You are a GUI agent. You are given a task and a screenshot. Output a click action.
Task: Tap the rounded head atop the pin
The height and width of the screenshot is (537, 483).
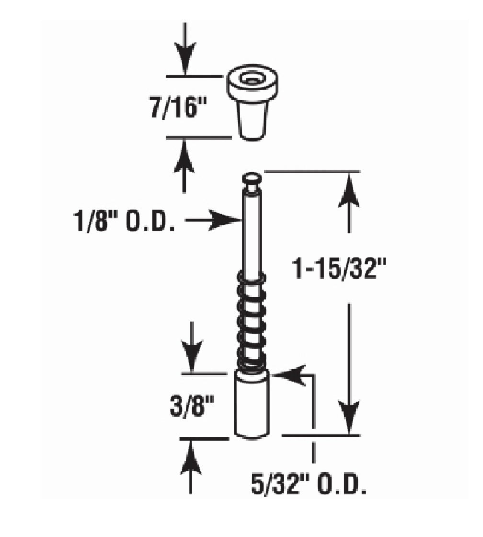(252, 179)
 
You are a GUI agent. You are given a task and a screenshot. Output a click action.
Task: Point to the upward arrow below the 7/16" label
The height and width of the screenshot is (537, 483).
(185, 163)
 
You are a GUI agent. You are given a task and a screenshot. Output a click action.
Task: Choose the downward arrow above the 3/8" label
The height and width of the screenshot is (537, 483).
(192, 348)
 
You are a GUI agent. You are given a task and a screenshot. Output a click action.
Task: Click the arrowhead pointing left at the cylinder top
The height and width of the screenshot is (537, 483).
(290, 375)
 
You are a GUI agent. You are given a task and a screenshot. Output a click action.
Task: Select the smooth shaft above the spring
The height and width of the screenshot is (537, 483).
(252, 230)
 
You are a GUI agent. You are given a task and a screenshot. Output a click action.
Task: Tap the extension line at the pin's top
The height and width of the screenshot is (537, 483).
(311, 171)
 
